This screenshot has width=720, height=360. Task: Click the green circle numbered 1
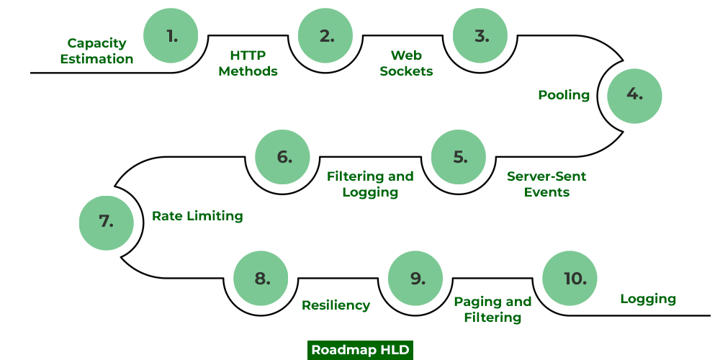171,35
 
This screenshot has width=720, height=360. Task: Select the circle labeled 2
326,35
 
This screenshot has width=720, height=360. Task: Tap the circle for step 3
480,35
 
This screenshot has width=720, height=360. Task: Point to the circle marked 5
459,156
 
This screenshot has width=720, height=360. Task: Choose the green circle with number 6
283,156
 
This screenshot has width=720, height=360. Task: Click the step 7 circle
107,222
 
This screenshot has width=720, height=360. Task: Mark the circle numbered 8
261,278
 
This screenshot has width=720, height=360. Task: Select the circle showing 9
415,278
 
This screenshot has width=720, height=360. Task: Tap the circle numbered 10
570,278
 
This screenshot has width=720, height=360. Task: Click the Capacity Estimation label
96,51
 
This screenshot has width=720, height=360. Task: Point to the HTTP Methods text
248,63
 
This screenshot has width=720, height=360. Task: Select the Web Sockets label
406,63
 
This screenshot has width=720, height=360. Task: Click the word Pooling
564,95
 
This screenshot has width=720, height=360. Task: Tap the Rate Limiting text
197,216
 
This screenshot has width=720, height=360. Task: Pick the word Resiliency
336,305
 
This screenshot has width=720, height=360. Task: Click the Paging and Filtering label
492,309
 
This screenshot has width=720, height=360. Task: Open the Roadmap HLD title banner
360,350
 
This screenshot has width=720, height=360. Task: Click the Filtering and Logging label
370,184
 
